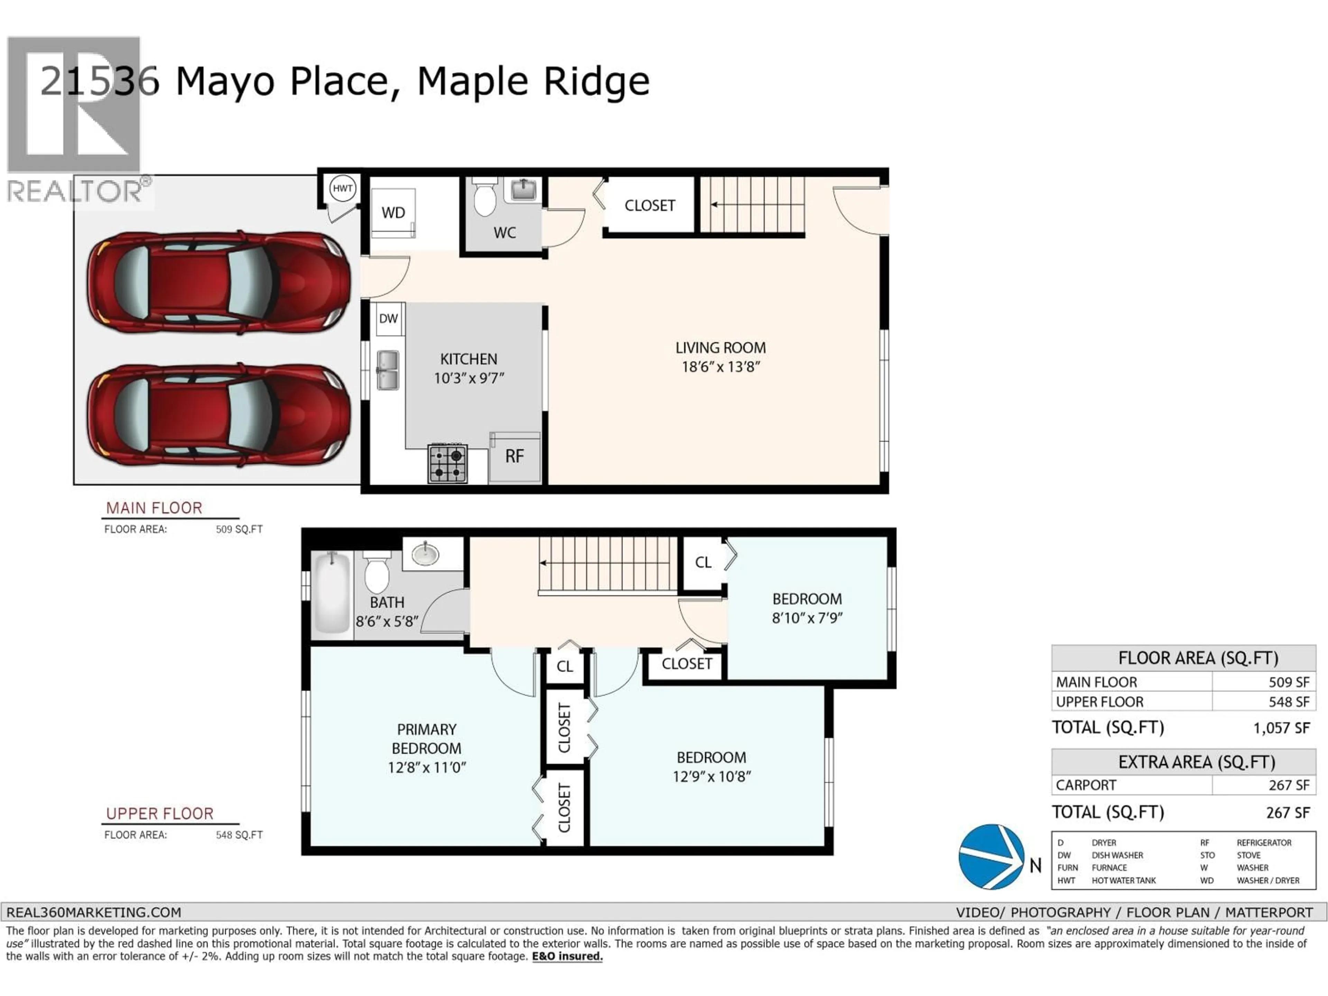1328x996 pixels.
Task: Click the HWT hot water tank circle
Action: point(343,188)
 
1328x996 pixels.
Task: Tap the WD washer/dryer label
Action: point(393,213)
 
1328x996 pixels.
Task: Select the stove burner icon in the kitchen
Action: point(447,463)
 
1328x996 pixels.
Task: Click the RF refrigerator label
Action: point(515,456)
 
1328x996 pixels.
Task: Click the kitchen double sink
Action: point(388,370)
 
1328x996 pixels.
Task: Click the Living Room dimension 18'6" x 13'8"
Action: point(720,367)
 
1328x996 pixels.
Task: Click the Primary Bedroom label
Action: point(426,738)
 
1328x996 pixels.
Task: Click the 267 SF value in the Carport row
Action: point(1288,785)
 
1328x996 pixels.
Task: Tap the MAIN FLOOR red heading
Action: point(154,508)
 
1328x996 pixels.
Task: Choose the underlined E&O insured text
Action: point(567,956)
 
